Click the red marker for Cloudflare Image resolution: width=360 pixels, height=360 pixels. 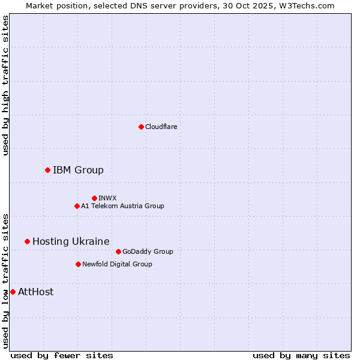tap(141, 127)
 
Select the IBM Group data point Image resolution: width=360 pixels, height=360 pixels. tap(47, 170)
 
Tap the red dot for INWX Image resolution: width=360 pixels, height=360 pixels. tap(94, 198)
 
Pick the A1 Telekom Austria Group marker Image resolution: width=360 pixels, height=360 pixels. tap(77, 206)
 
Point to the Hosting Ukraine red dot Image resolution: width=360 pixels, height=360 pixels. tap(27, 241)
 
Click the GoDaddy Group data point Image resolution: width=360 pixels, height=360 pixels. tap(118, 251)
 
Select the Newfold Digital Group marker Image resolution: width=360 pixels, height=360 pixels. tap(78, 264)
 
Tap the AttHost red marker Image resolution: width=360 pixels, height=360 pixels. tap(13, 292)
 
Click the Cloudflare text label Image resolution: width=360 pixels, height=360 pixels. tap(161, 127)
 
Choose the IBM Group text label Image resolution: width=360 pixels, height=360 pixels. tap(78, 170)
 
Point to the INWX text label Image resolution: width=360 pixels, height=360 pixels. tap(107, 198)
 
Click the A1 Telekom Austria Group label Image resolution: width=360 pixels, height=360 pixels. tap(122, 206)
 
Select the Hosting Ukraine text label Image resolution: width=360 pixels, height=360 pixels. tap(71, 241)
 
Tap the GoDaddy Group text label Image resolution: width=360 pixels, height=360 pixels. tap(148, 251)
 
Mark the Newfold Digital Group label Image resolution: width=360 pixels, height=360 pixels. tap(117, 264)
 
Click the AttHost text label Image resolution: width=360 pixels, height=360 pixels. tap(35, 292)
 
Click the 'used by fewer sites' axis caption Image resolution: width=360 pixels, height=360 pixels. tap(62, 355)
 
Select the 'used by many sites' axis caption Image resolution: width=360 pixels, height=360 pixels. tap(301, 355)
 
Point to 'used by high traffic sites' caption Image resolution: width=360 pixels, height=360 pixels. tap(5, 85)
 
